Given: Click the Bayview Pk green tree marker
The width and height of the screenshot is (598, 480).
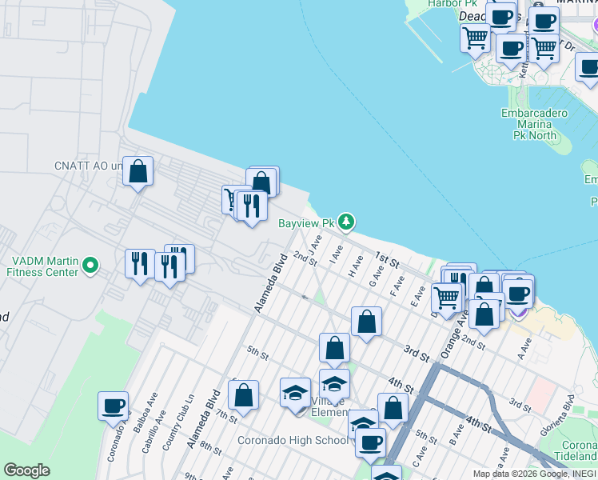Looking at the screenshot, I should point(345,221).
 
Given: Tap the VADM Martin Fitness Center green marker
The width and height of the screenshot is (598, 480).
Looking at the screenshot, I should point(91,264).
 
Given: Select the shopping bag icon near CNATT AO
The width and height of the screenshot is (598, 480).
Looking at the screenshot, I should point(138,171).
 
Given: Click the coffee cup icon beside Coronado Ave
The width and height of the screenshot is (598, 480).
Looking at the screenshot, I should point(114,405).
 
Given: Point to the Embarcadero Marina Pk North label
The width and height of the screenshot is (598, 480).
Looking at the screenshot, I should point(534,124).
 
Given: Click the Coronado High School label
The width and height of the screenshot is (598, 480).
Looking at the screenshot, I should point(292,440).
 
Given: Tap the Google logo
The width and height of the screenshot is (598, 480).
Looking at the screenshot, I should point(26,470).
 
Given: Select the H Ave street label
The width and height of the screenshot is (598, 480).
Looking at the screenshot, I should point(357,266).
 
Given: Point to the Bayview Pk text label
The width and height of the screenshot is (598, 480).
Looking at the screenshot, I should point(305,223).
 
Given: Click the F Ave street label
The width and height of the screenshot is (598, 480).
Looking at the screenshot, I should point(397,286).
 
